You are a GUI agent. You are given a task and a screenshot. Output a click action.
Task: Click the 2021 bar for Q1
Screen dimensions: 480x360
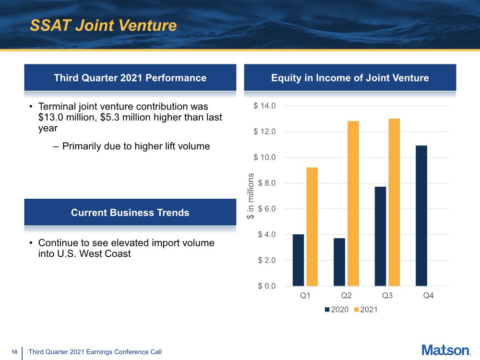312,227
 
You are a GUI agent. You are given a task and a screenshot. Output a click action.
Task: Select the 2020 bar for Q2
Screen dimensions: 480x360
339,262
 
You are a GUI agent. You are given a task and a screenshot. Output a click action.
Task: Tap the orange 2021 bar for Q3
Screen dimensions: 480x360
394,203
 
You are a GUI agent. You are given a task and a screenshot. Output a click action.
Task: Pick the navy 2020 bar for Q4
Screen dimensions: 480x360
421,216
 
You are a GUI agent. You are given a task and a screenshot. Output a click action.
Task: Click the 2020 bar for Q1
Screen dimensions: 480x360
298,260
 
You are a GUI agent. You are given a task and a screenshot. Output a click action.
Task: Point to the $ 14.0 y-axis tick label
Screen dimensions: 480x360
264,106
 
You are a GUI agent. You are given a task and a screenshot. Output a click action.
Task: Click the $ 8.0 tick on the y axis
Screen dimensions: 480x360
266,183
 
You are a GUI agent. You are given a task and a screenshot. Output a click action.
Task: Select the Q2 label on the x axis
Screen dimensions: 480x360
346,295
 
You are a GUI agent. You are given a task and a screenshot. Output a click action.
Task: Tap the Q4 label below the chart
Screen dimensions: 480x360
428,295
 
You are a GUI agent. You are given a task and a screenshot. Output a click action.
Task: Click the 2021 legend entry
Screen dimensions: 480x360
365,310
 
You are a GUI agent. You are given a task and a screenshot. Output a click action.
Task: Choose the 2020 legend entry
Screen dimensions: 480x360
337,310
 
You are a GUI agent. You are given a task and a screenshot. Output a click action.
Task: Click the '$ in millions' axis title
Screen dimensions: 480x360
251,196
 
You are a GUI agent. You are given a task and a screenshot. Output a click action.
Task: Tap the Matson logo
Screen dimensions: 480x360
446,350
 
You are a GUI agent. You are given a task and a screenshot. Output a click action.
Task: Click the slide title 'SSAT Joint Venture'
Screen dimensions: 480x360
103,25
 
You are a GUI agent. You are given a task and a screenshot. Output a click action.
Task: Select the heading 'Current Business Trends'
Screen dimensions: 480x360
130,213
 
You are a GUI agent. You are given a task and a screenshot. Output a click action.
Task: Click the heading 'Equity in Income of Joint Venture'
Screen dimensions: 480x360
350,78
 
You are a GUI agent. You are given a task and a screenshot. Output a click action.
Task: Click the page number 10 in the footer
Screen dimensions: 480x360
14,352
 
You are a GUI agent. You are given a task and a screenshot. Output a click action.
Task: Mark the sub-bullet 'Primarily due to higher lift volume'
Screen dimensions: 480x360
136,146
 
